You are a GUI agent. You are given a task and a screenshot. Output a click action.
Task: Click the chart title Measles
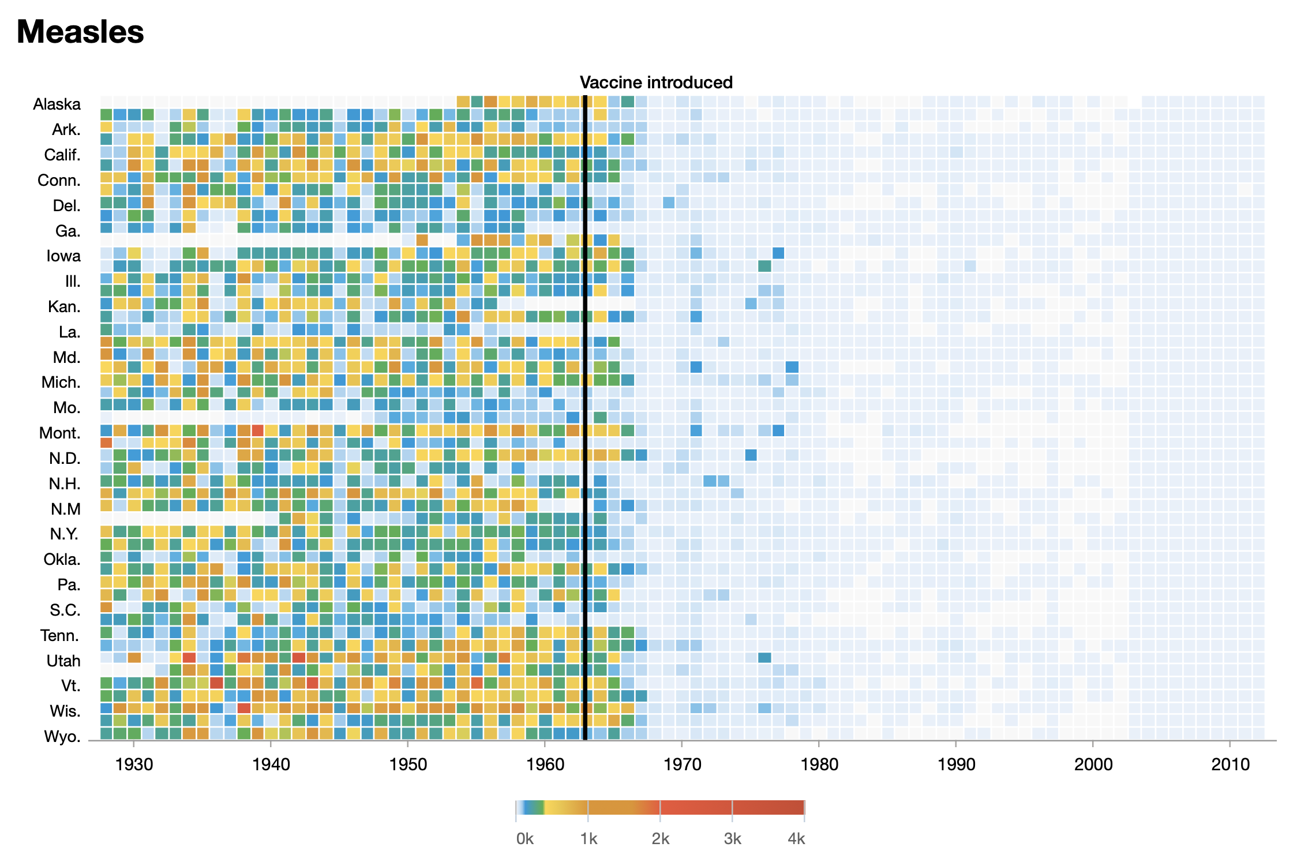80,32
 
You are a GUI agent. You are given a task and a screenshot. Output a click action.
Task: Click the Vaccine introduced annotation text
656,83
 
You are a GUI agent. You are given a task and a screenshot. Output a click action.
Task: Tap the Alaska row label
57,104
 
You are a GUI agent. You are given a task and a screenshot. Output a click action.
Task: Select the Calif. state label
62,155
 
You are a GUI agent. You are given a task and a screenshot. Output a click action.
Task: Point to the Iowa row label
63,256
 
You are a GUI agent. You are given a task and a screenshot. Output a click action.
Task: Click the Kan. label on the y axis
64,306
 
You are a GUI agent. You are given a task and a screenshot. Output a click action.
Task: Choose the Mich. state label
61,383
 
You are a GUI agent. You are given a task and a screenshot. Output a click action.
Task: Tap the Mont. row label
59,433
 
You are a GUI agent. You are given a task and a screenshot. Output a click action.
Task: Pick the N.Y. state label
64,534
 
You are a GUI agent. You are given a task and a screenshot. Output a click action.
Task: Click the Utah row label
63,661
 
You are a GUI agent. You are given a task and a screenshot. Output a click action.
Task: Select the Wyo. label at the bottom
62,737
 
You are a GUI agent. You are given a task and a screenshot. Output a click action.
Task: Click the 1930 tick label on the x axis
134,764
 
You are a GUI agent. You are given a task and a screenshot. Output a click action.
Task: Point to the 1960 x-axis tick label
545,764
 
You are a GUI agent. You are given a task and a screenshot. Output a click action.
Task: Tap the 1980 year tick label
819,764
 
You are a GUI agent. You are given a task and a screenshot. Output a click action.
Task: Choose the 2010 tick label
1229,764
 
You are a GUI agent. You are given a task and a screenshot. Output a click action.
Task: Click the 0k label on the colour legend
524,839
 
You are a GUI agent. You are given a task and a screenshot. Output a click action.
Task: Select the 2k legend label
660,839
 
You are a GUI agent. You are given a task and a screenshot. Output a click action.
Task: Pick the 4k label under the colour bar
796,839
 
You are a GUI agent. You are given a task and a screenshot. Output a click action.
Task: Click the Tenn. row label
59,636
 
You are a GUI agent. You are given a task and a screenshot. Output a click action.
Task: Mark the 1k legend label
588,839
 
